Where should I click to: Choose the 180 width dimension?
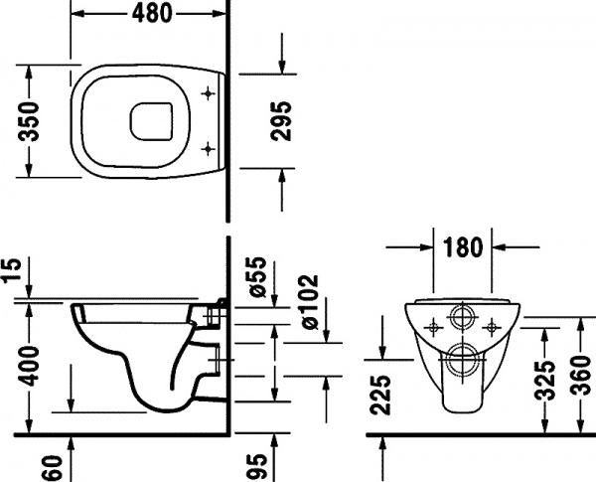coord(465,245)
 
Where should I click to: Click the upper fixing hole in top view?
coord(207,94)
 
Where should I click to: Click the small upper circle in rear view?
coord(463,320)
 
